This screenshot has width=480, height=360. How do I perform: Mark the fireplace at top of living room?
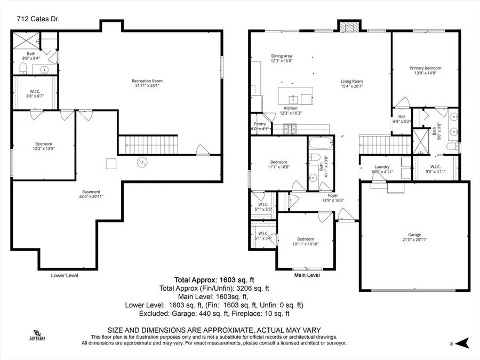[349, 26]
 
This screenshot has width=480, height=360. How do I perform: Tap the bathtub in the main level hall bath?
[321, 144]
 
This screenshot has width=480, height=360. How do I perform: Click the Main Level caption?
[307, 276]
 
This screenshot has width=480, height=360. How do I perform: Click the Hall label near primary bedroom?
[402, 118]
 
